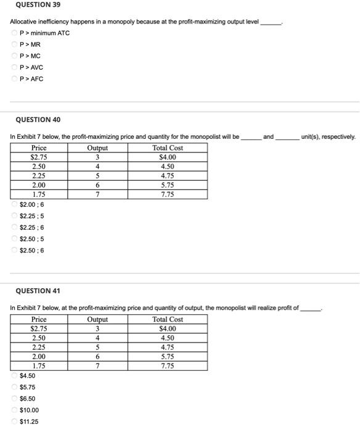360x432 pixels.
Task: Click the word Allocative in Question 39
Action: pyautogui.click(x=23, y=22)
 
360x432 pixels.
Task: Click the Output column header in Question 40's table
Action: pyautogui.click(x=97, y=148)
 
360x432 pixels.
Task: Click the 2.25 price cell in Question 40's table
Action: pyautogui.click(x=38, y=175)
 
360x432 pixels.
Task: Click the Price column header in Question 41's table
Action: pyautogui.click(x=38, y=320)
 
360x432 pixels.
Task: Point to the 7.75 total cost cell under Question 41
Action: pyautogui.click(x=167, y=365)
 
